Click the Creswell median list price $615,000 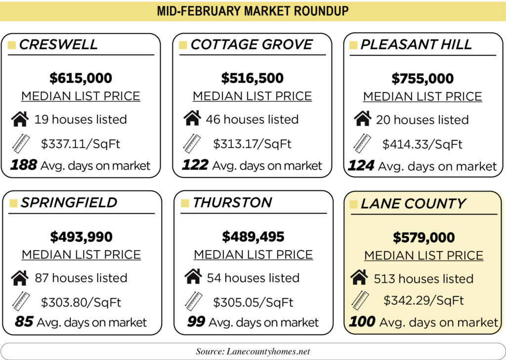pyautogui.click(x=81, y=78)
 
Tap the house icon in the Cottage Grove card pyautogui.click(x=192, y=119)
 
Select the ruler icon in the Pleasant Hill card pyautogui.click(x=362, y=143)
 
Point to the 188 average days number pyautogui.click(x=23, y=165)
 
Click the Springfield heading pyautogui.click(x=69, y=202)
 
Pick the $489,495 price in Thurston pyautogui.click(x=253, y=237)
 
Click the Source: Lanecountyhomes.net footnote pyautogui.click(x=253, y=351)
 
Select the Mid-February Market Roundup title pyautogui.click(x=253, y=10)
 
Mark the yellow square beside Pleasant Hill pyautogui.click(x=353, y=45)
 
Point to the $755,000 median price pyautogui.click(x=422, y=79)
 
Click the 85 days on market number pyautogui.click(x=24, y=322)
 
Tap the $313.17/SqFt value pyautogui.click(x=252, y=144)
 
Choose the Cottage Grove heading pyautogui.click(x=252, y=45)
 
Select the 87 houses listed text pyautogui.click(x=81, y=278)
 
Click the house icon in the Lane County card pyautogui.click(x=359, y=278)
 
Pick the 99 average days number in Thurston pyautogui.click(x=196, y=322)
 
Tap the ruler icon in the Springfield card pyautogui.click(x=20, y=301)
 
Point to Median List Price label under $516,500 pyautogui.click(x=252, y=96)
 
